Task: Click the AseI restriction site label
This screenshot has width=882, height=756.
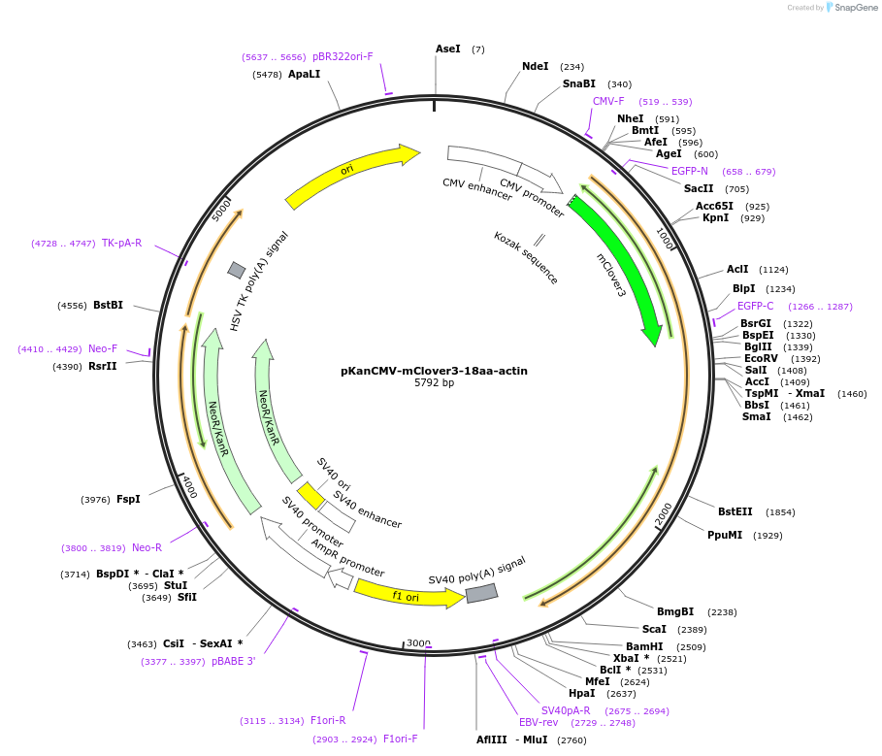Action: (x=447, y=49)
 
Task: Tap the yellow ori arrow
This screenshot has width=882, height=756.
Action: (x=349, y=173)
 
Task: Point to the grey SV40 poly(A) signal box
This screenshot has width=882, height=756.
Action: (x=481, y=592)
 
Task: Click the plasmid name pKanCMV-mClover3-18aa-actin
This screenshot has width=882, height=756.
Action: (x=434, y=371)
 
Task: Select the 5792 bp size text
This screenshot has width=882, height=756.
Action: (x=434, y=383)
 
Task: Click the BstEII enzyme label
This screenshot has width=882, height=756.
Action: (x=735, y=511)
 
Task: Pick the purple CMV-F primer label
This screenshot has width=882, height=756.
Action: (x=608, y=101)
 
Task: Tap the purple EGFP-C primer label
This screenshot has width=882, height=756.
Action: (x=755, y=306)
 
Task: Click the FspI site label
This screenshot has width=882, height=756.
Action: (x=128, y=500)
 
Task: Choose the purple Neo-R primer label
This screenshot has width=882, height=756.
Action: (x=147, y=547)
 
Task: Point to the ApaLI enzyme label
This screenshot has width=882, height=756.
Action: (x=304, y=74)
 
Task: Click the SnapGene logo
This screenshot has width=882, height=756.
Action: (x=851, y=8)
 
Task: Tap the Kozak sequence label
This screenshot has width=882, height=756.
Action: (x=526, y=257)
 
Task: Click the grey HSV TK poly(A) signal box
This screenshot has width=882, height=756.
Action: (x=237, y=270)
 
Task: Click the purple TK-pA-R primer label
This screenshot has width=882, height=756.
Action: (x=121, y=243)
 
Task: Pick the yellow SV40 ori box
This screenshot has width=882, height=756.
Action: (x=310, y=495)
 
